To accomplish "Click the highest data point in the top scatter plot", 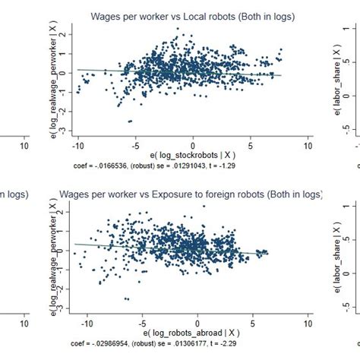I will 177,29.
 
